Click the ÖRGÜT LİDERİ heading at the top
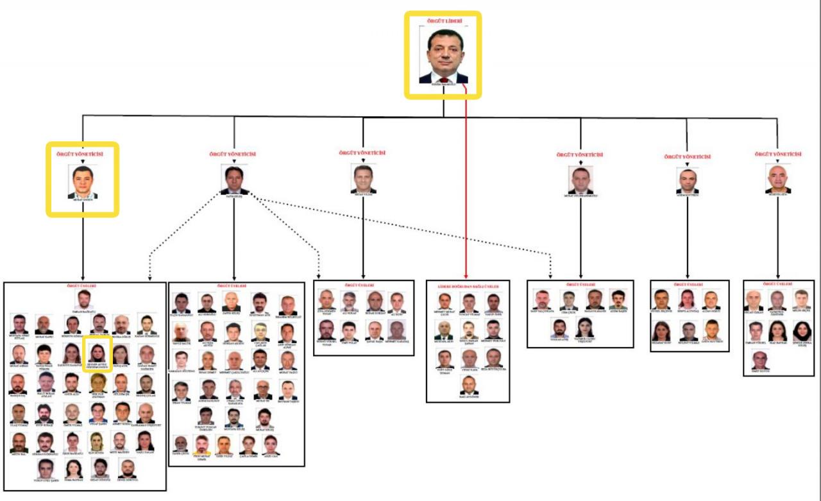pos(443,21)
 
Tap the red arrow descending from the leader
pos(465,192)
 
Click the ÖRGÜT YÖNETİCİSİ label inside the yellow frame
pos(83,153)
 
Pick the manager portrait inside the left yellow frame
pos(83,182)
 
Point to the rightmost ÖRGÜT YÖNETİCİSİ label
pos(778,154)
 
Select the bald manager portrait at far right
pos(777,179)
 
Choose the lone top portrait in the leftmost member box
pos(83,300)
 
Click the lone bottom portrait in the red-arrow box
pos(469,384)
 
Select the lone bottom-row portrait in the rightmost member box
pos(759,360)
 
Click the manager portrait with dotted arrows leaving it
pos(233,180)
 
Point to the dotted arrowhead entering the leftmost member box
pos(149,278)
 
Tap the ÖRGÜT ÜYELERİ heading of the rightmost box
pos(779,284)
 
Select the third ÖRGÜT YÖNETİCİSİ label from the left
pos(362,153)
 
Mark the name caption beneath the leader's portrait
pos(443,86)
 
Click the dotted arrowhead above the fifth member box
pos(550,276)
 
